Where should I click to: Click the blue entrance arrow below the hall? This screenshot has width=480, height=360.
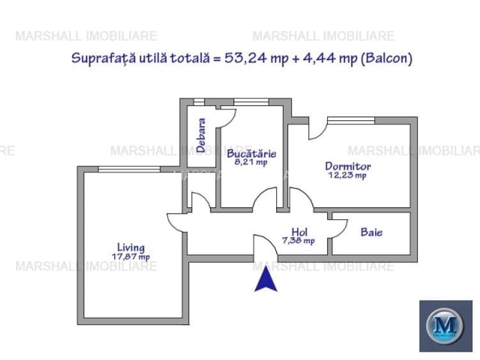point(266,280)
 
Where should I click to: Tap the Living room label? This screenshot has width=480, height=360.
point(130,247)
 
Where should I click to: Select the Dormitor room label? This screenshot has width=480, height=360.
point(348,166)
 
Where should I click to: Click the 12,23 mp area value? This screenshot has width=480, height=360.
point(347,175)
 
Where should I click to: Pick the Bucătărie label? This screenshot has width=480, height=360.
point(251,153)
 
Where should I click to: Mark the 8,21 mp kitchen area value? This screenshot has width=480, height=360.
point(251,162)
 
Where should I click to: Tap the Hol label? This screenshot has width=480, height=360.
point(299,231)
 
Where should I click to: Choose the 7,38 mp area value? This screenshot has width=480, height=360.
point(298,240)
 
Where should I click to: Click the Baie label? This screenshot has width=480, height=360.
point(371,232)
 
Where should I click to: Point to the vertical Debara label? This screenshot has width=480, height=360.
point(201,134)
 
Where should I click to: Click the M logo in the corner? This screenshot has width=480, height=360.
point(445,325)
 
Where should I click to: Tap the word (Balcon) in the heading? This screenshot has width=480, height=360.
point(386,58)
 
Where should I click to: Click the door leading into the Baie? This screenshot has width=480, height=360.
point(337,228)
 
